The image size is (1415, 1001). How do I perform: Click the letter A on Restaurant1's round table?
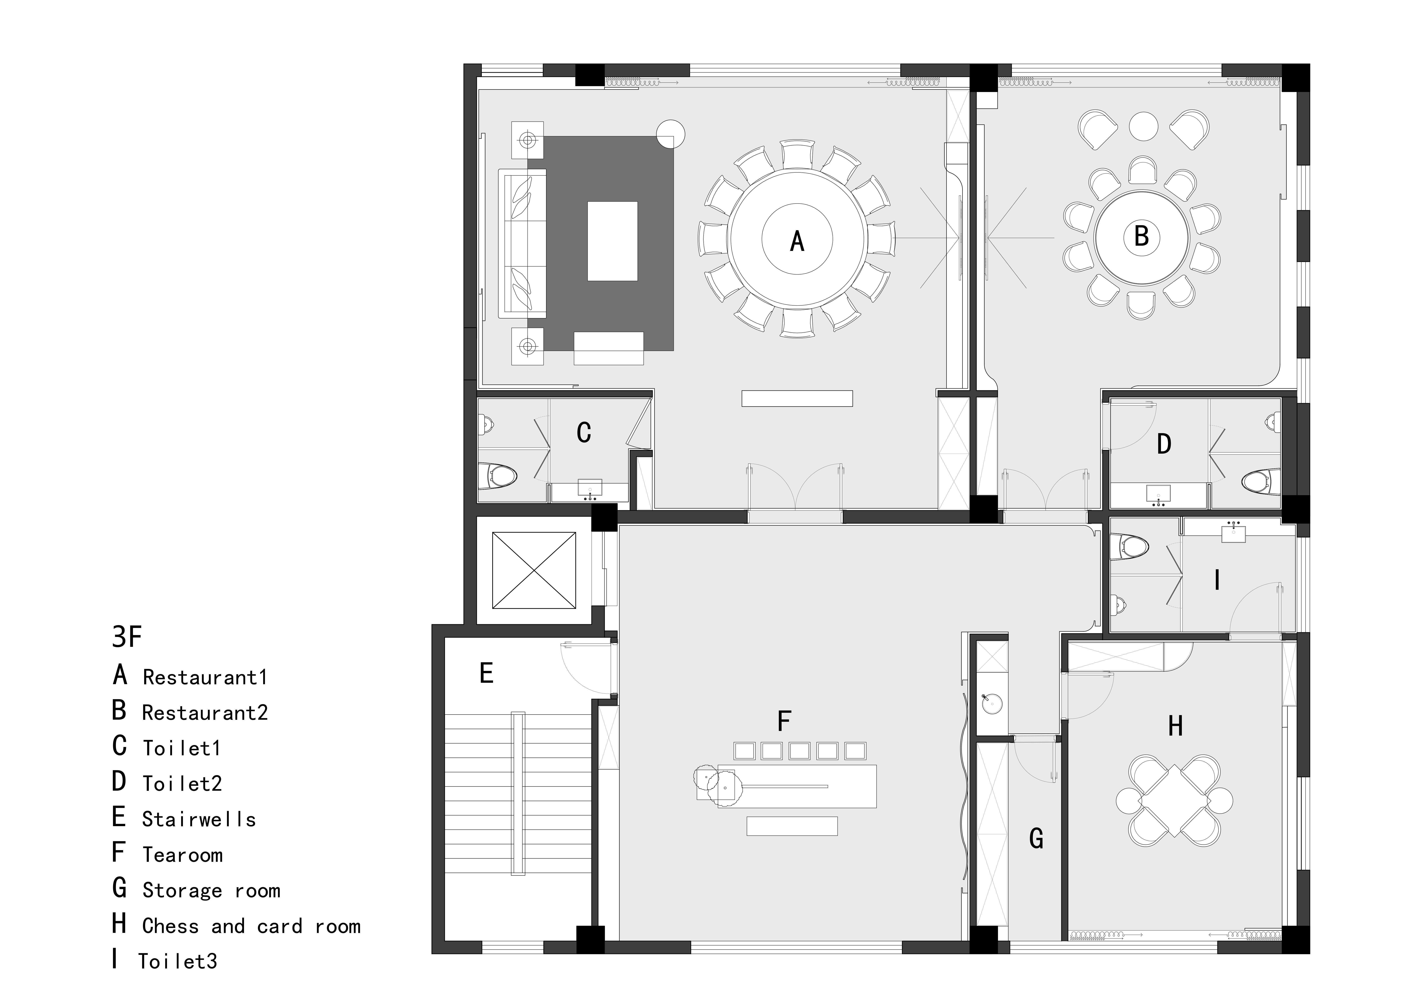797,241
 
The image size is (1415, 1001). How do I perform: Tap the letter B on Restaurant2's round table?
1141,236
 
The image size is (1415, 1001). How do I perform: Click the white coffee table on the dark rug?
612,241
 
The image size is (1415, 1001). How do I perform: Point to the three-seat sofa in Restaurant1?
523,243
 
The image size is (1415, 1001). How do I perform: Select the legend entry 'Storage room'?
211,891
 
